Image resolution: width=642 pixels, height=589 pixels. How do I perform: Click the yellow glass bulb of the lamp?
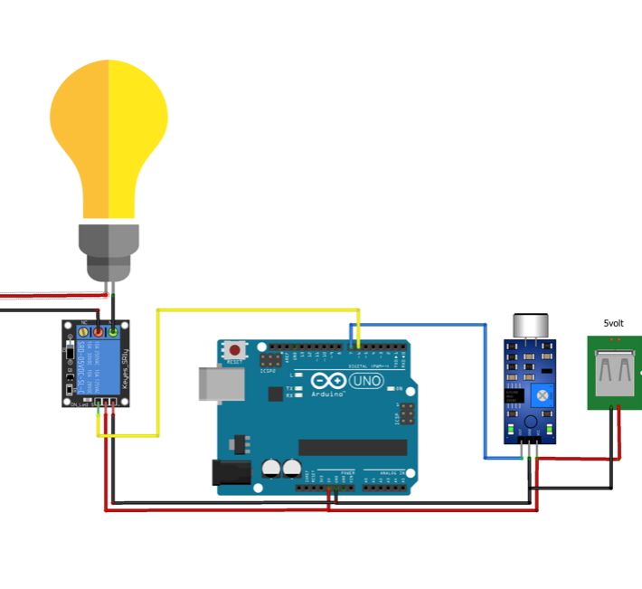point(109,136)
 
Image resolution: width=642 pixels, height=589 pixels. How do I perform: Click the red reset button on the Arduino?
point(236,349)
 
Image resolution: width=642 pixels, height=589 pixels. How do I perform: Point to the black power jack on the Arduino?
point(230,472)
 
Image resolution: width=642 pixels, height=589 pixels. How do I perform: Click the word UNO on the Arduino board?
point(367,381)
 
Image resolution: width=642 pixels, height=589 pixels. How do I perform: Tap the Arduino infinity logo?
point(328,381)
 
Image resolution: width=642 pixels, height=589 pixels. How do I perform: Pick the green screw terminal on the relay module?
point(112,333)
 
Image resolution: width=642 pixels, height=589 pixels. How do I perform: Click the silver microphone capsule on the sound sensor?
point(530,327)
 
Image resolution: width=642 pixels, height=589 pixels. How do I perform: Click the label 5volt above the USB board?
point(614,323)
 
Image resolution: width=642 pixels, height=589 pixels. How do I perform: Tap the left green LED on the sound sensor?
point(512,427)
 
